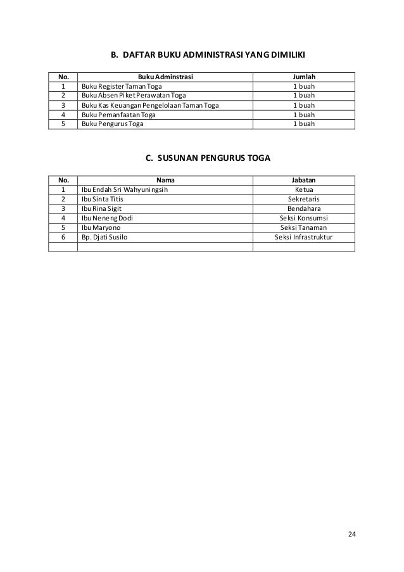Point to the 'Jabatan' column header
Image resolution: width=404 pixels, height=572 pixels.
pyautogui.click(x=304, y=179)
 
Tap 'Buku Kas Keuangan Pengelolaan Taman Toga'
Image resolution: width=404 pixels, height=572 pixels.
pyautogui.click(x=149, y=105)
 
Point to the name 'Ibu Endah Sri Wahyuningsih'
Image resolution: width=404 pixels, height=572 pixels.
pyautogui.click(x=125, y=189)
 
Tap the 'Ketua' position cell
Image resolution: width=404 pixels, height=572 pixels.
pyautogui.click(x=304, y=189)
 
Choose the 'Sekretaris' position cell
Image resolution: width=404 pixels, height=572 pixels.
pyautogui.click(x=304, y=198)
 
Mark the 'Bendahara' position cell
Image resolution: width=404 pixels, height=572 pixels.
pyautogui.click(x=304, y=208)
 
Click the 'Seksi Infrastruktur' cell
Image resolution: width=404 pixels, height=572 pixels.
pyautogui.click(x=304, y=236)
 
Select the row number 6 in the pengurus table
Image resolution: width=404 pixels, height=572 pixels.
pyautogui.click(x=63, y=236)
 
